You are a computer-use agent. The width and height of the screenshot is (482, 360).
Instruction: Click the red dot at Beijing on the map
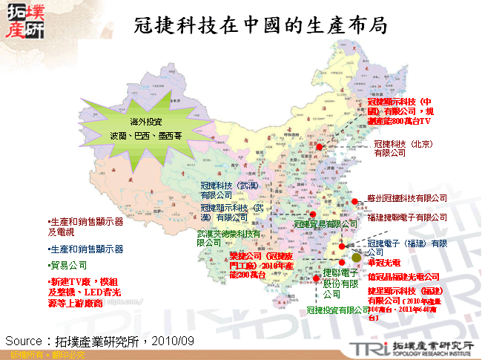[x=320, y=147]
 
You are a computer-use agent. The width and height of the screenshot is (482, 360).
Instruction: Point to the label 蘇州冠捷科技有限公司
[x=407, y=198]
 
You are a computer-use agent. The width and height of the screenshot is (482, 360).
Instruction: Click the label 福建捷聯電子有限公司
[x=407, y=217]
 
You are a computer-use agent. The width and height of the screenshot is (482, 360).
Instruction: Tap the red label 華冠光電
[x=384, y=263]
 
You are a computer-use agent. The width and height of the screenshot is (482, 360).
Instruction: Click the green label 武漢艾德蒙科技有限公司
[x=229, y=238]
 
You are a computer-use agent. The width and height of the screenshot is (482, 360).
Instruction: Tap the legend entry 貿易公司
[x=69, y=265]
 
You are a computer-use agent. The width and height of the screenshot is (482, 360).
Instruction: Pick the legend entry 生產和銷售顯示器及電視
[x=85, y=226]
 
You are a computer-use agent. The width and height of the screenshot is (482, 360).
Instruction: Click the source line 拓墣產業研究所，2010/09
[x=99, y=340]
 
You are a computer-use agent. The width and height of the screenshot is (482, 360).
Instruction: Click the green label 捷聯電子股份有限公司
[x=341, y=283]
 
